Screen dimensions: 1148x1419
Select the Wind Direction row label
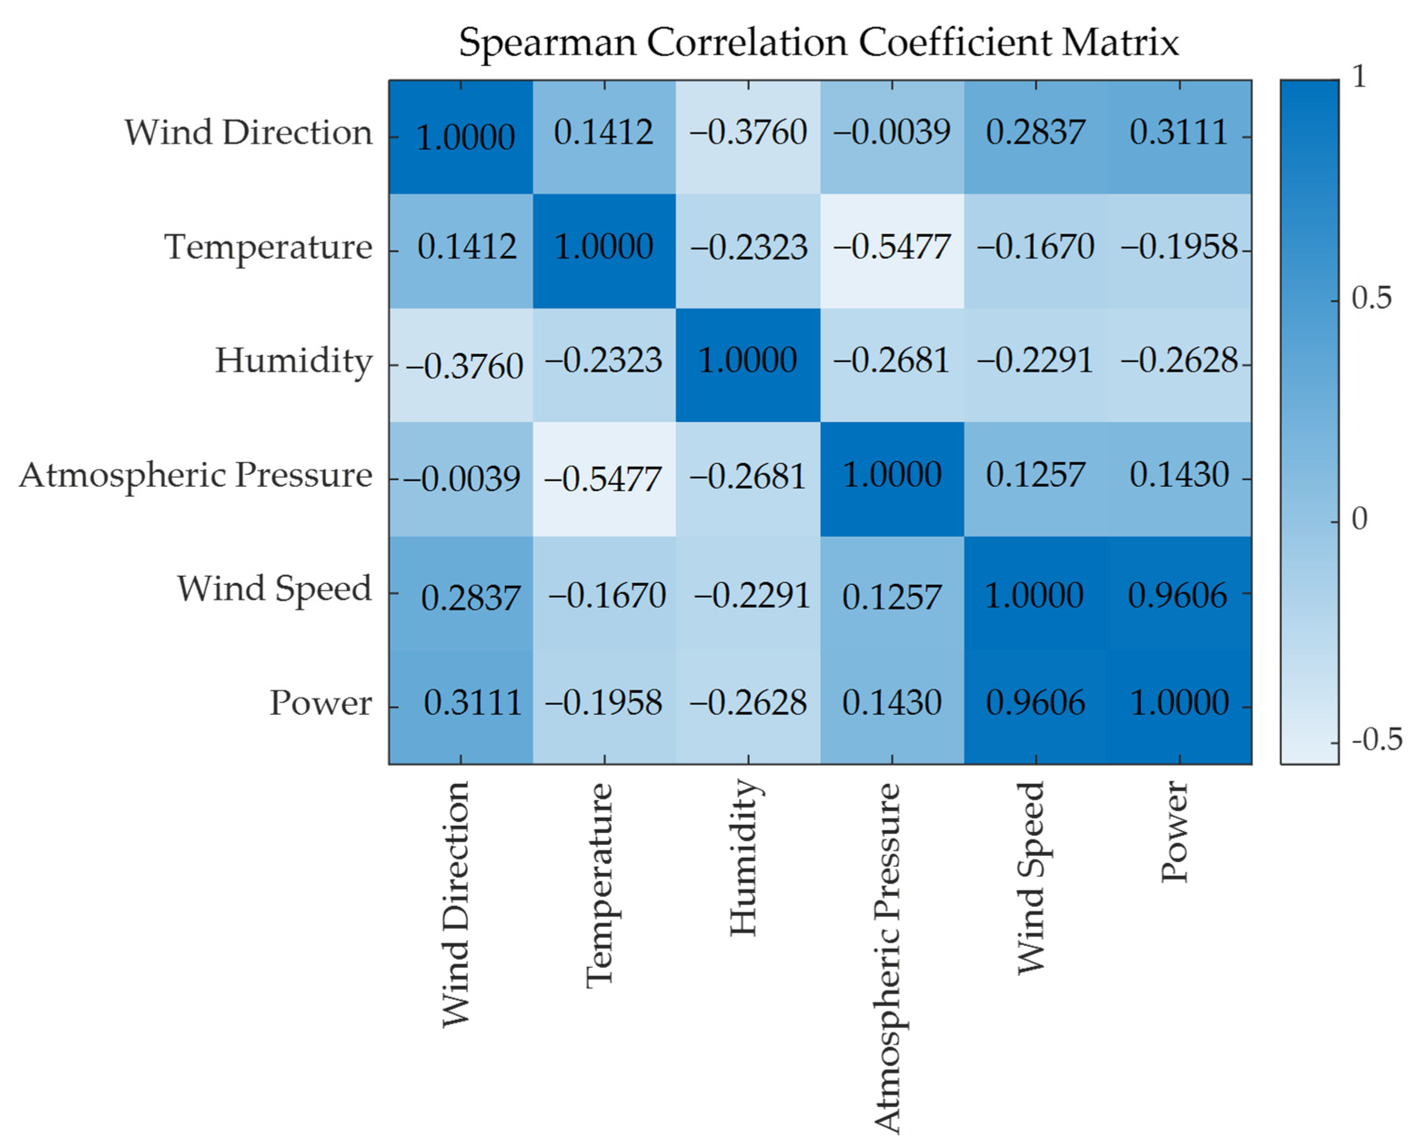[248, 133]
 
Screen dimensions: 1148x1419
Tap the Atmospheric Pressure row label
[196, 475]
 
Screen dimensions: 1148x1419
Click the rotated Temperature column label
[601, 885]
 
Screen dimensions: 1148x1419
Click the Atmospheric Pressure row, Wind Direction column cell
[461, 479]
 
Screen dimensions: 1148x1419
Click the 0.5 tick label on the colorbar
[1371, 299]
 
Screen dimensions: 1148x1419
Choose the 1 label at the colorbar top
[1359, 78]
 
